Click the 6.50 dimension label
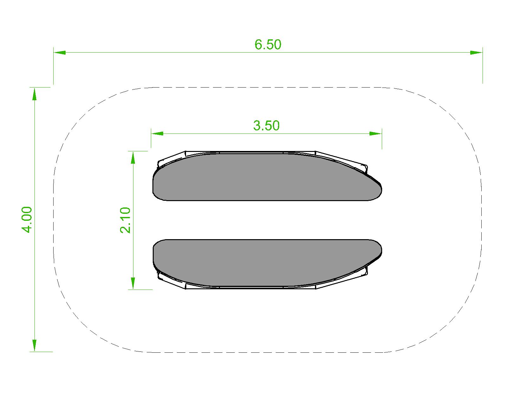(268, 45)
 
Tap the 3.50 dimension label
(266, 126)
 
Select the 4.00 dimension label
(27, 219)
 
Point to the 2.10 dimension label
(125, 220)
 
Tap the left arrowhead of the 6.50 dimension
(60, 52)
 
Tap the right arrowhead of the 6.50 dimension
(476, 52)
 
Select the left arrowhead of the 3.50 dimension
(157, 134)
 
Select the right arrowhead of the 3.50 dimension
(376, 134)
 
